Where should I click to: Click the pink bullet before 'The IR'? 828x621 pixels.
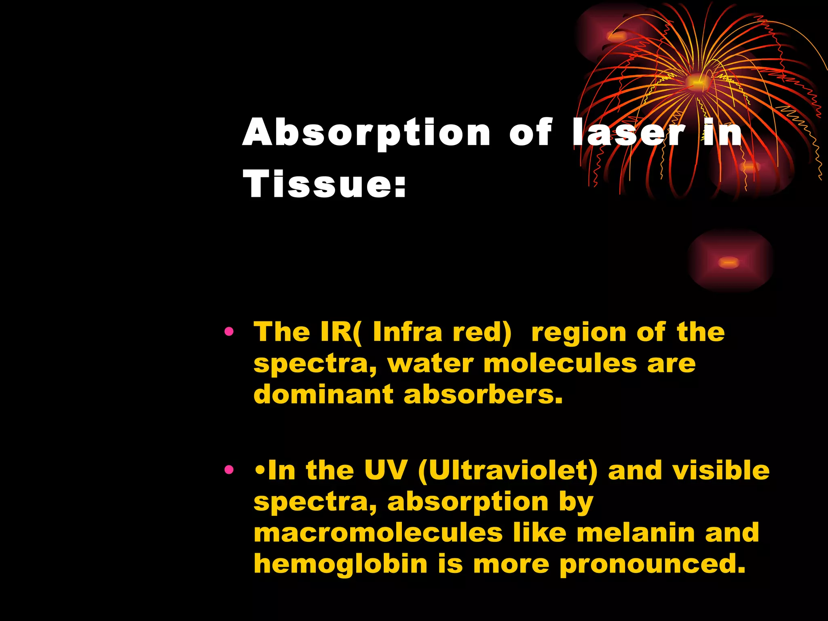pyautogui.click(x=229, y=332)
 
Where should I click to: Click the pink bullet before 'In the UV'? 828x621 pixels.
pyautogui.click(x=229, y=470)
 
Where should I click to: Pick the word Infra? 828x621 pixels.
pyautogui.click(x=408, y=332)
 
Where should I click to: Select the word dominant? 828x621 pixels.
pyautogui.click(x=323, y=394)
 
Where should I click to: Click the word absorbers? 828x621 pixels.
pyautogui.click(x=483, y=394)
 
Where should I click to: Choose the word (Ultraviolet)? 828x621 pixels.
pyautogui.click(x=507, y=471)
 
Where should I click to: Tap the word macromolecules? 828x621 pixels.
pyautogui.click(x=378, y=533)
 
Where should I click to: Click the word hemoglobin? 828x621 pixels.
pyautogui.click(x=340, y=564)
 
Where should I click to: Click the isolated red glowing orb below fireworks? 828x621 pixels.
pyautogui.click(x=730, y=262)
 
